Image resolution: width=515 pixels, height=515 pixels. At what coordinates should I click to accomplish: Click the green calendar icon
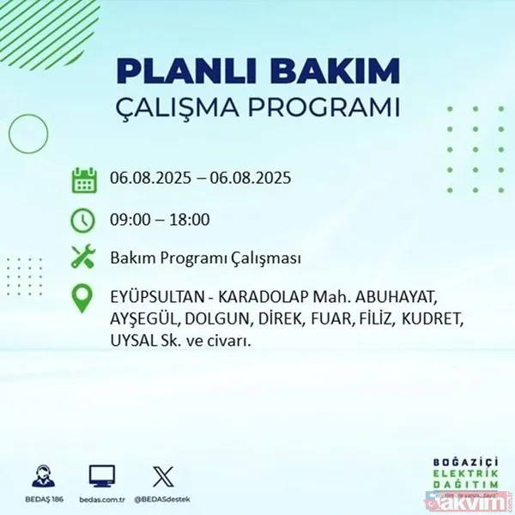[x=84, y=181]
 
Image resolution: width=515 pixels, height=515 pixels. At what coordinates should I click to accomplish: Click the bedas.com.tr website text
[x=102, y=498]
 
